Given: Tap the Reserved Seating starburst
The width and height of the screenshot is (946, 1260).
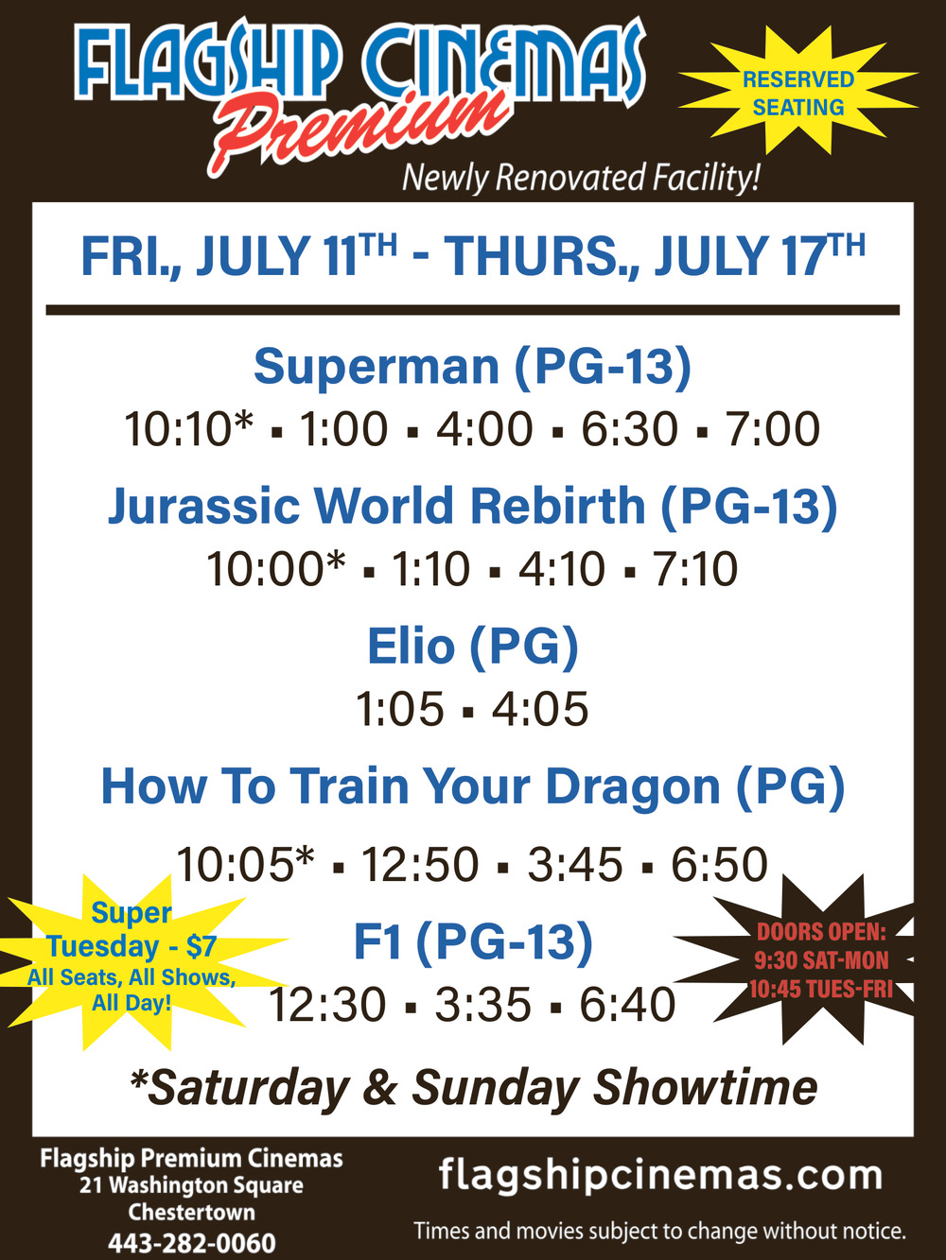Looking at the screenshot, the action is pyautogui.click(x=798, y=92).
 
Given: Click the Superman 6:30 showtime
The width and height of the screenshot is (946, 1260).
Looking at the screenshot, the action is pyautogui.click(x=629, y=429).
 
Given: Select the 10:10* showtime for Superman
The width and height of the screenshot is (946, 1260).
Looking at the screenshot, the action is pyautogui.click(x=188, y=429).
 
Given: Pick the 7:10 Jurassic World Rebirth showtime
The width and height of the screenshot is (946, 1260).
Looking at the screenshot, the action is pyautogui.click(x=694, y=569).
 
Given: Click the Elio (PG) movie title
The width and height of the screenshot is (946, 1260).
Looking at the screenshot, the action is pyautogui.click(x=473, y=646).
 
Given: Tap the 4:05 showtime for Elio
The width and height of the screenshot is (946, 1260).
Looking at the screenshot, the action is pyautogui.click(x=540, y=709).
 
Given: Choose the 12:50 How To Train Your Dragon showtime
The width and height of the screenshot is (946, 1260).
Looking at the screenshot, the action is pyautogui.click(x=419, y=864).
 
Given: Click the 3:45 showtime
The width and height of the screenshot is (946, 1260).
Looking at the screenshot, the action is pyautogui.click(x=575, y=864).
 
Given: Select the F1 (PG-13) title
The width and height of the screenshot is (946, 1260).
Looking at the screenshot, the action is pyautogui.click(x=473, y=942).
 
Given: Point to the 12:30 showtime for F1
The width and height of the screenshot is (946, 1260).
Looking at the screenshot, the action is pyautogui.click(x=326, y=1004).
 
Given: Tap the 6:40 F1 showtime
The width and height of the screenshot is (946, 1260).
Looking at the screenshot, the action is pyautogui.click(x=627, y=1004).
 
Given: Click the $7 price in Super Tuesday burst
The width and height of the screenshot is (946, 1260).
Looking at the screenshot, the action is pyautogui.click(x=201, y=945).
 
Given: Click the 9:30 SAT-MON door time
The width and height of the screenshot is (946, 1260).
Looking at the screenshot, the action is pyautogui.click(x=821, y=959).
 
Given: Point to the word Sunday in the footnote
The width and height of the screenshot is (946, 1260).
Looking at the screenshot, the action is pyautogui.click(x=496, y=1088).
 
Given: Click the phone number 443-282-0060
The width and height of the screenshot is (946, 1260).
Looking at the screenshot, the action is pyautogui.click(x=192, y=1243).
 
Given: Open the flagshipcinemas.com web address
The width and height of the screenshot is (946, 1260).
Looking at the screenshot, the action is pyautogui.click(x=660, y=1175).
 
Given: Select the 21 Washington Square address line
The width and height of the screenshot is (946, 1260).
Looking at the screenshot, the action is pyautogui.click(x=192, y=1185).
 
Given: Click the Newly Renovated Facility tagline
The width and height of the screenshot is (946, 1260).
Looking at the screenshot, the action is pyautogui.click(x=581, y=178).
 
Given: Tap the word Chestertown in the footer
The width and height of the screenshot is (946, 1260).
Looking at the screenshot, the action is pyautogui.click(x=192, y=1213).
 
